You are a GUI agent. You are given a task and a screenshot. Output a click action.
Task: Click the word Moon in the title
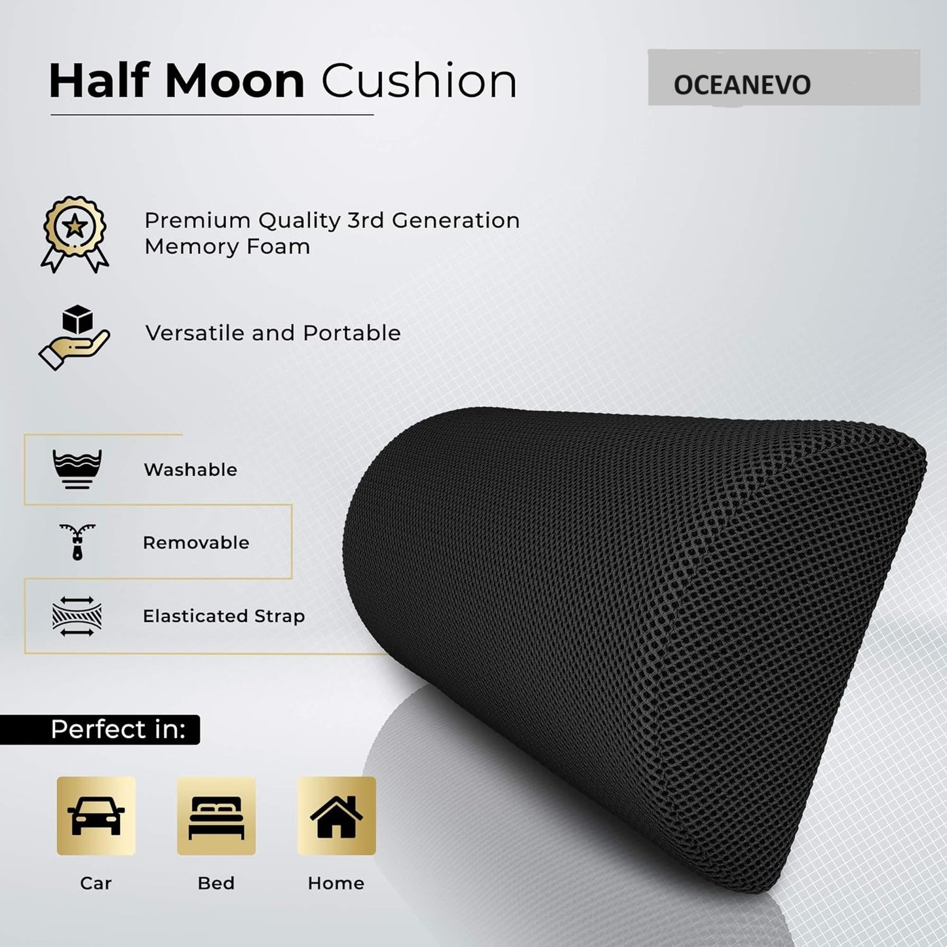click(x=234, y=81)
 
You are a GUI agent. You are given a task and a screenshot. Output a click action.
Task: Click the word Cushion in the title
click(x=419, y=81)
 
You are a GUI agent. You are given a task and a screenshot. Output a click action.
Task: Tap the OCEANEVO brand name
click(x=742, y=85)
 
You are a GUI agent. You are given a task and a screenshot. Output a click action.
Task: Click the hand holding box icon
click(x=74, y=337)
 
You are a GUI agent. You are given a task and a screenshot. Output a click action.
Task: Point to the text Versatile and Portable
click(x=273, y=333)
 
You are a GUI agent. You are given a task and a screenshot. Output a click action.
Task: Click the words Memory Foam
click(x=227, y=247)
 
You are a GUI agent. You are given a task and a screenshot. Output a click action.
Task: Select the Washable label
click(x=190, y=469)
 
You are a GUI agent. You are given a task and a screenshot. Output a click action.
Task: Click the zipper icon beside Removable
click(x=77, y=541)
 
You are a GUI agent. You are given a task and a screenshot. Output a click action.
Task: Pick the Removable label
click(x=196, y=543)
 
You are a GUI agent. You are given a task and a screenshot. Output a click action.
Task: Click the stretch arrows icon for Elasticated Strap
click(x=77, y=616)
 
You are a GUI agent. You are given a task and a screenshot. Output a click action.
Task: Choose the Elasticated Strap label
click(x=223, y=616)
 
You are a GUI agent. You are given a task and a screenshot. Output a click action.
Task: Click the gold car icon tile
click(x=96, y=816)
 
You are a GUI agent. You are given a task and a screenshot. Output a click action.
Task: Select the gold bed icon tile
click(x=216, y=816)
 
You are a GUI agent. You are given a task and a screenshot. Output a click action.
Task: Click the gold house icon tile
click(x=336, y=816)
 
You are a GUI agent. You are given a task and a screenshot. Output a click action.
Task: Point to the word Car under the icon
click(x=96, y=883)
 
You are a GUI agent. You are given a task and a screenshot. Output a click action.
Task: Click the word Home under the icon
click(x=336, y=883)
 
